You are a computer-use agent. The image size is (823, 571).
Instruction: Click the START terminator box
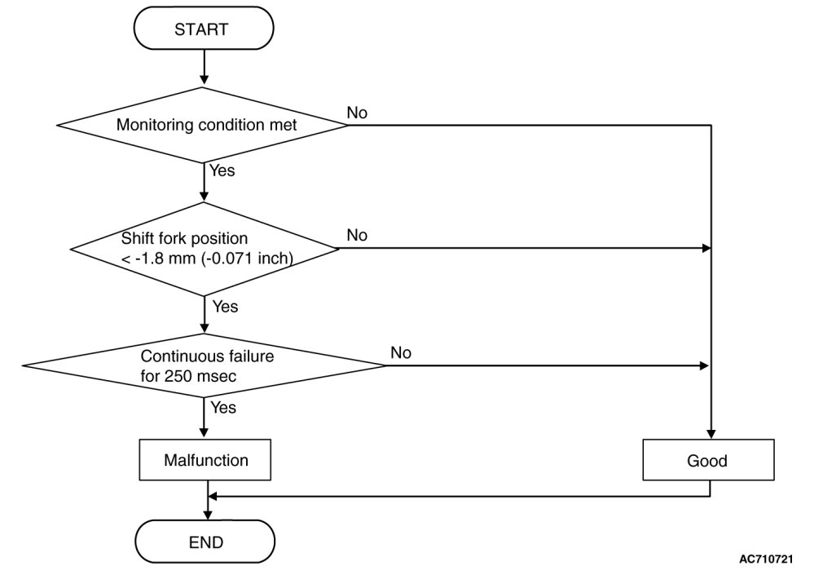(204, 29)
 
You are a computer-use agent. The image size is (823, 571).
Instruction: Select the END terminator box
(205, 542)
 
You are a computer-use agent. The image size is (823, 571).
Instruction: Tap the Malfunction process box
(205, 460)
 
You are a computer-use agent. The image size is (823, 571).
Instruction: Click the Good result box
(708, 460)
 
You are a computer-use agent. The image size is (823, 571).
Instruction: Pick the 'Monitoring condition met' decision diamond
(203, 125)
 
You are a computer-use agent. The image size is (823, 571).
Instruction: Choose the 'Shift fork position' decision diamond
(205, 249)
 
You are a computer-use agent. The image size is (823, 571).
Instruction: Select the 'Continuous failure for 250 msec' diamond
(205, 365)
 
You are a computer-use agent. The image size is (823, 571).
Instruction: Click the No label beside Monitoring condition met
(357, 113)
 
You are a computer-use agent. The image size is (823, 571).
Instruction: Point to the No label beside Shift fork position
(357, 236)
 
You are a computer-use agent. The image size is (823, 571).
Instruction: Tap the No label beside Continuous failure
(400, 353)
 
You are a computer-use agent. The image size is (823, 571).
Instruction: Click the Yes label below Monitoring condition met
(222, 170)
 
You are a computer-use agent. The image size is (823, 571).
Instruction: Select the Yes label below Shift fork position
(225, 306)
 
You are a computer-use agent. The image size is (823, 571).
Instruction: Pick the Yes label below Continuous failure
(223, 407)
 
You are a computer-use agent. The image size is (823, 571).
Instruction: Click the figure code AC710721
(766, 559)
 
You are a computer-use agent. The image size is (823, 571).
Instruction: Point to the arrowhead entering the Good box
(711, 435)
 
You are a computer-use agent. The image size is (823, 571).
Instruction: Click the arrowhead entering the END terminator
(209, 515)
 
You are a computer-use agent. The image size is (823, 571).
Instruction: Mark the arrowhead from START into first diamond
(205, 80)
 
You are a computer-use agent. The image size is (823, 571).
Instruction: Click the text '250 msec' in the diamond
(200, 377)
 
